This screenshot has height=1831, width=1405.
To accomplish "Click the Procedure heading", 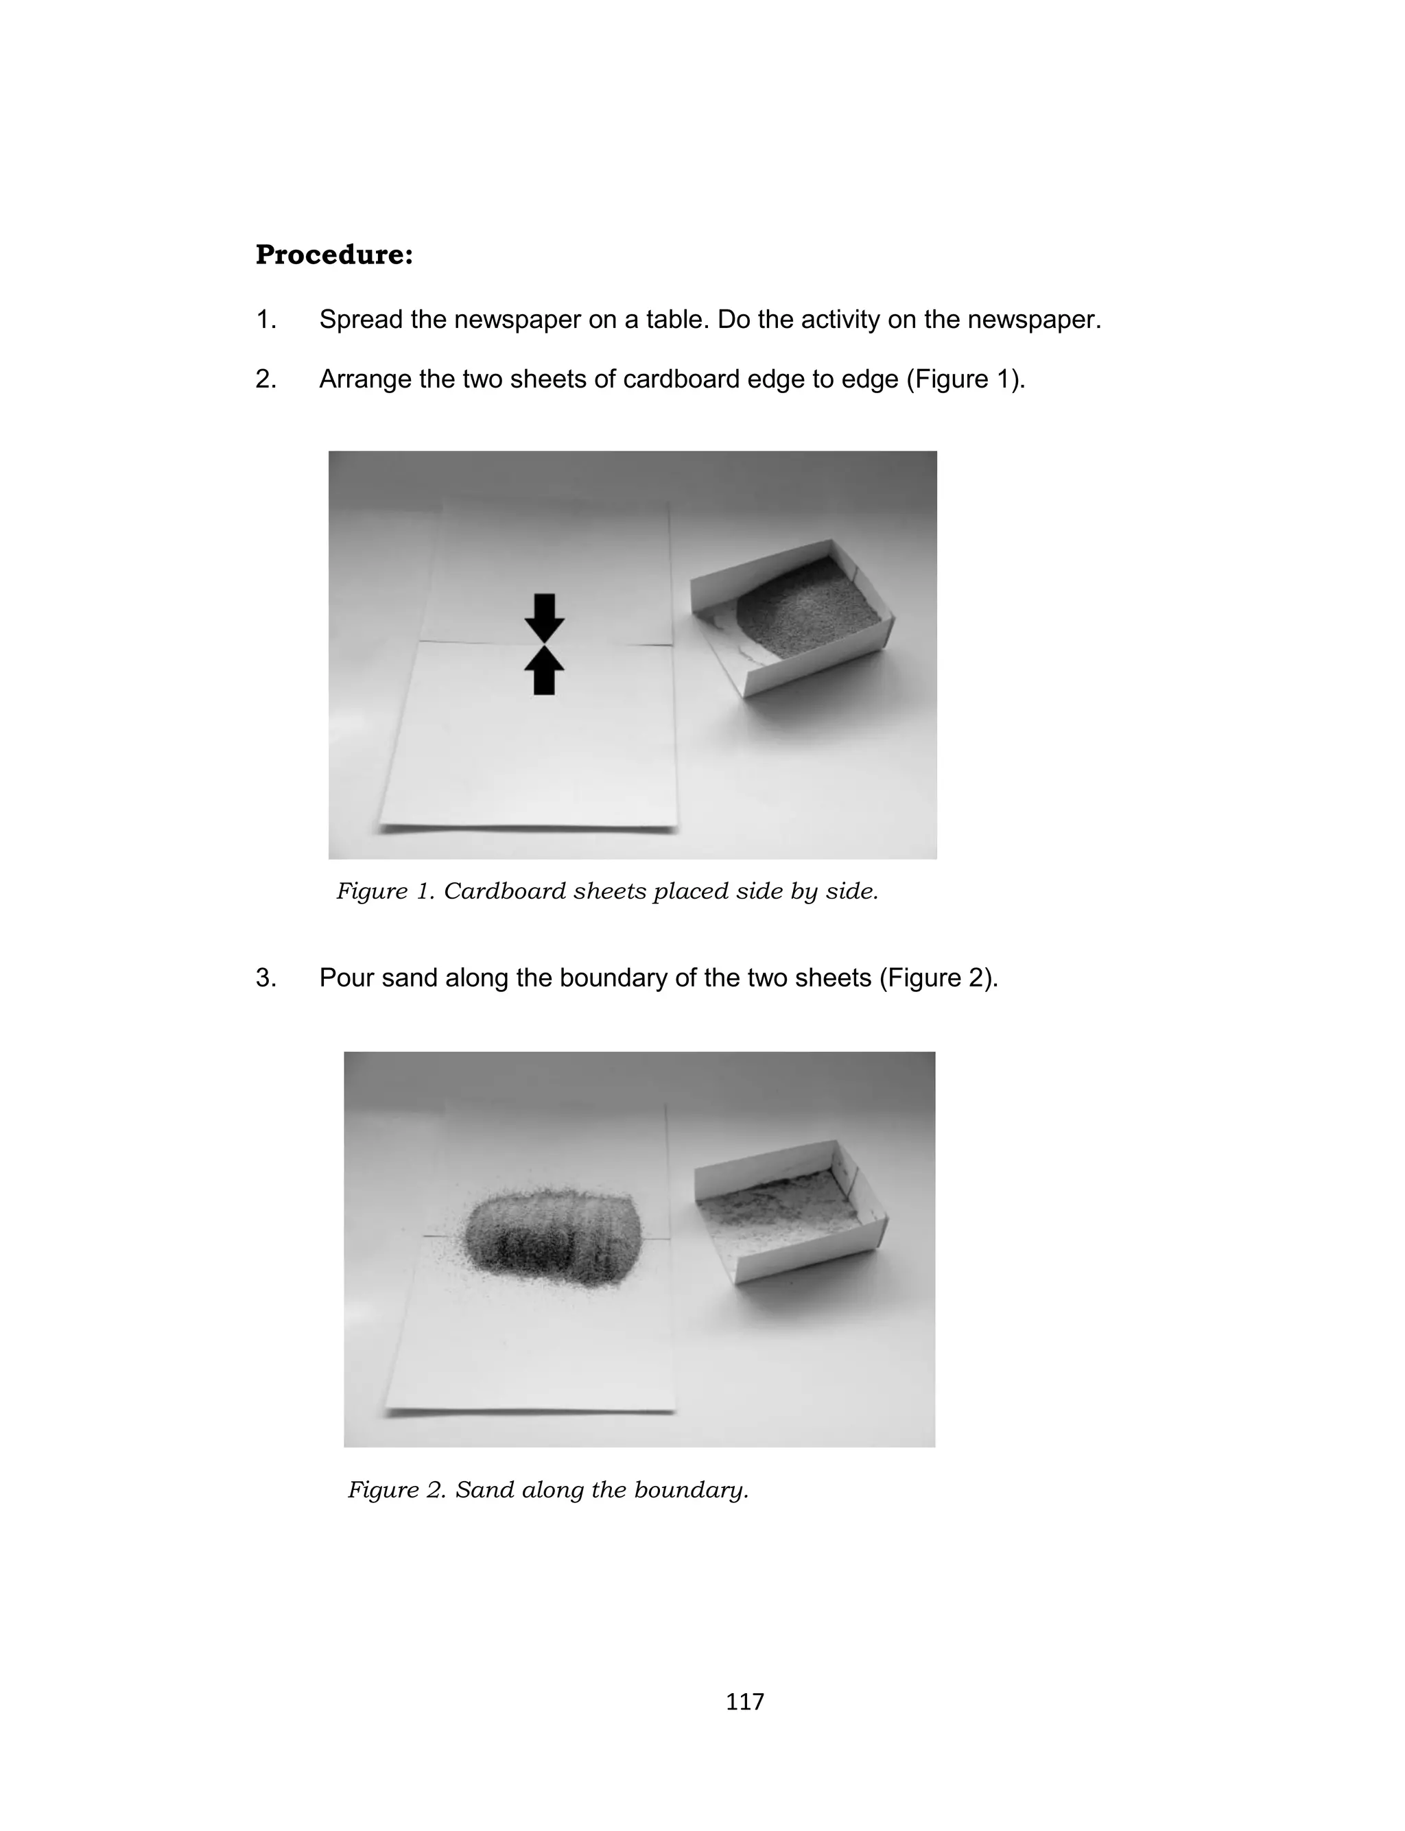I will pos(333,255).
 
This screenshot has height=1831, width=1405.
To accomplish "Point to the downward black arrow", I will pos(545,616).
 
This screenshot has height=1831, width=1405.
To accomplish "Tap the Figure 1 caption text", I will pos(607,891).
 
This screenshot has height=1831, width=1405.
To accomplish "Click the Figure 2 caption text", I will pos(547,1489).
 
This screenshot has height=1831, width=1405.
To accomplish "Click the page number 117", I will pos(744,1701).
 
